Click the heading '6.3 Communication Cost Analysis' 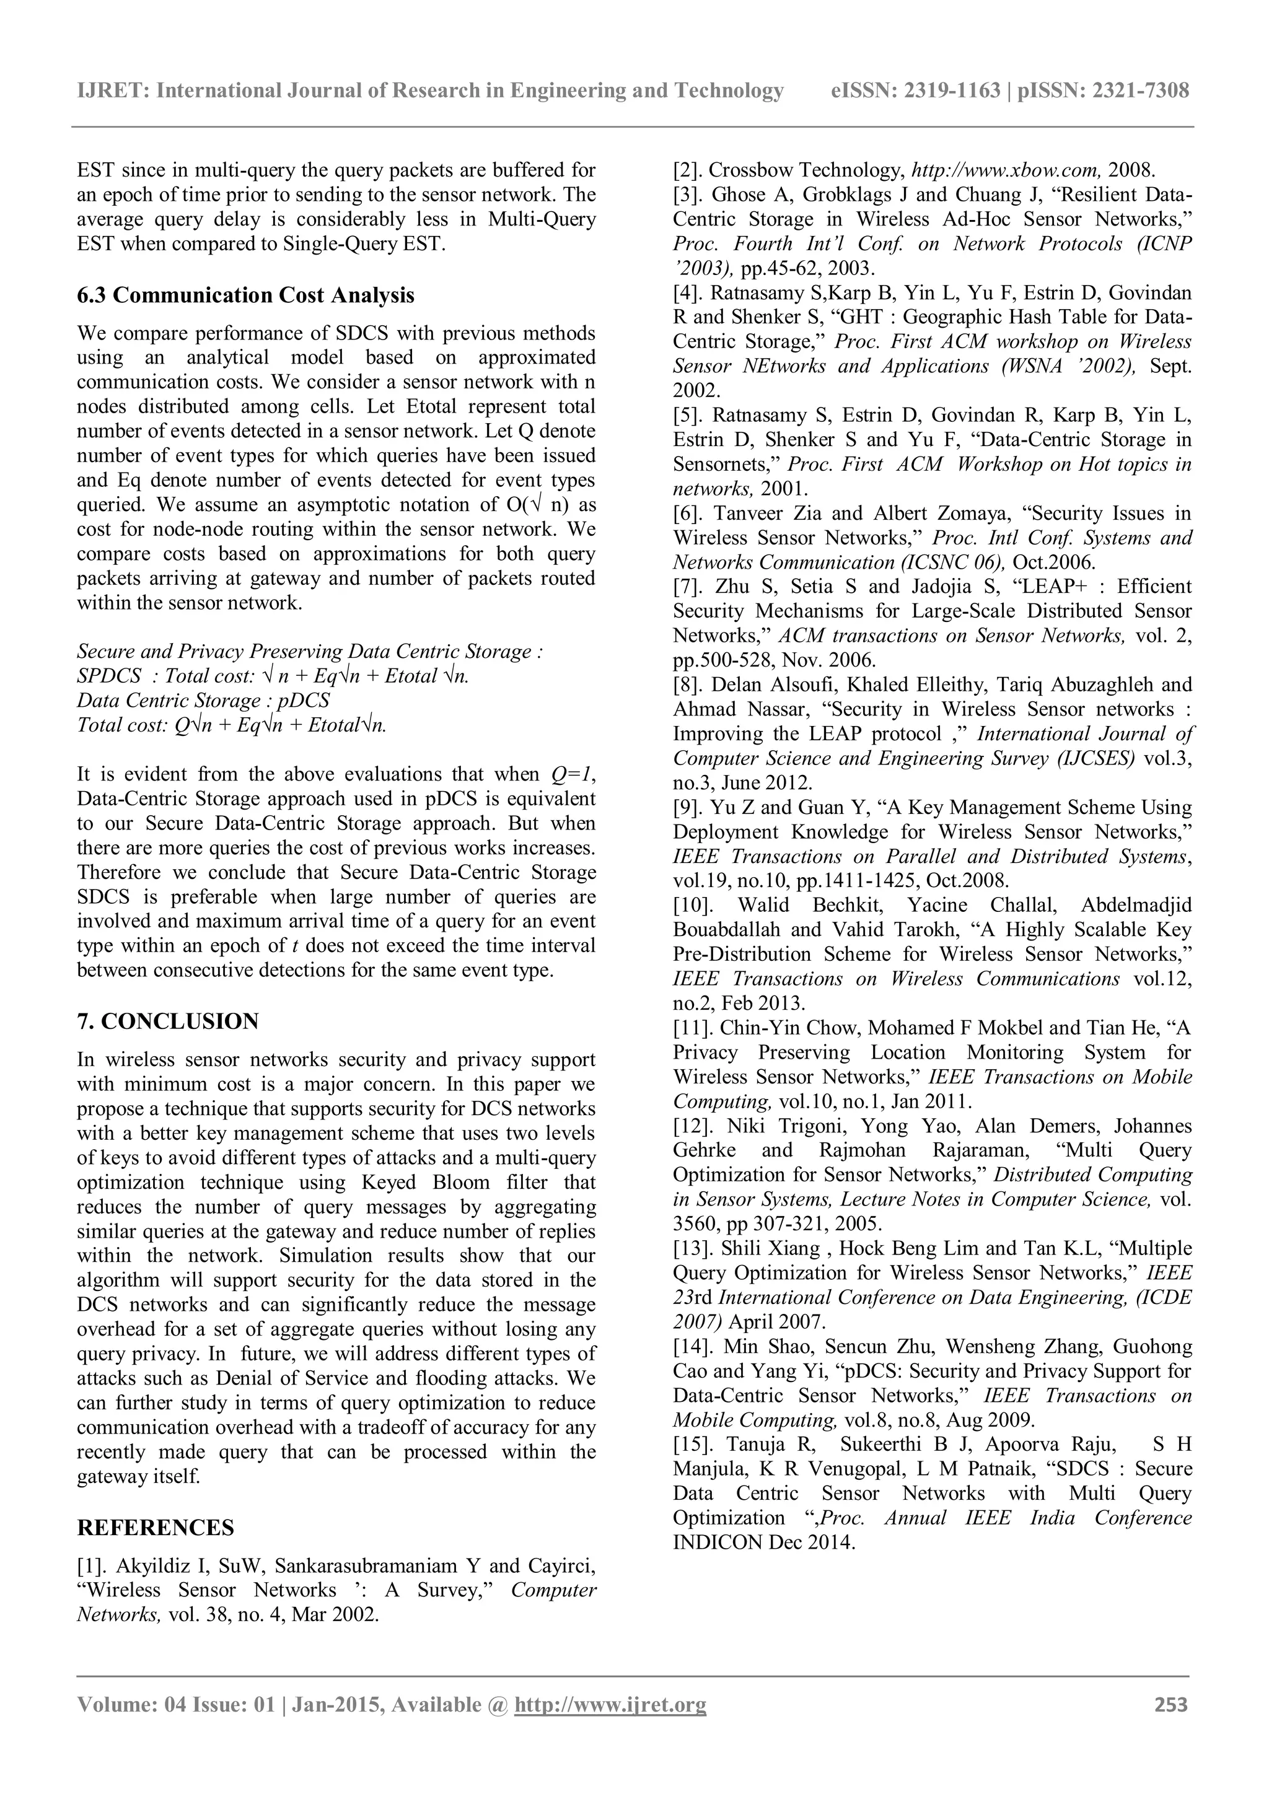pos(245,295)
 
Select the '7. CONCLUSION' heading pos(167,1022)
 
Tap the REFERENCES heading pos(156,1528)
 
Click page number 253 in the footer pos(1170,1705)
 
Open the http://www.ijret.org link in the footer pos(610,1705)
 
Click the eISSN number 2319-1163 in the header pos(952,92)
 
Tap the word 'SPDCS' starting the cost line pos(108,676)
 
